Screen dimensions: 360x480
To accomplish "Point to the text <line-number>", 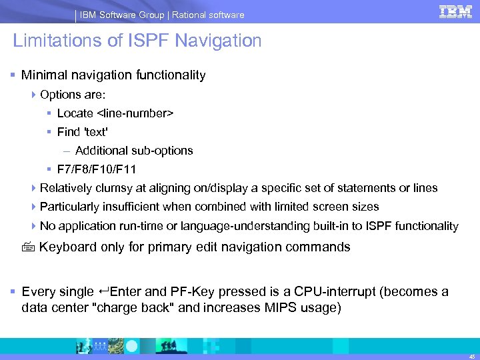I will coord(135,113).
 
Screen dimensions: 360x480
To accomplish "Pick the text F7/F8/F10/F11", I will coord(97,169).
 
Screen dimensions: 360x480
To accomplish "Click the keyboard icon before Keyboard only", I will coord(27,247).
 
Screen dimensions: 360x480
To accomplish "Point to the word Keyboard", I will coord(69,247).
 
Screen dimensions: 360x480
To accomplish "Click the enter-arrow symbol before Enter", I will coord(104,291).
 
